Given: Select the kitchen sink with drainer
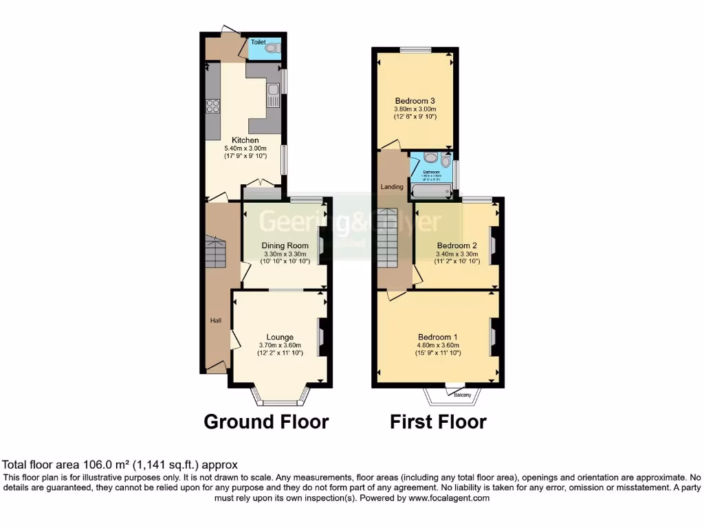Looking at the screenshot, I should (274, 96).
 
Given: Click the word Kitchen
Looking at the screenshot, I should (245, 140).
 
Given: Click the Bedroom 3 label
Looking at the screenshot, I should (415, 100).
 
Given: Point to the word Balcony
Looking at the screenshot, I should (462, 395).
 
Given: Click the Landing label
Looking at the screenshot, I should (392, 186).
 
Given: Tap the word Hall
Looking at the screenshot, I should (216, 320).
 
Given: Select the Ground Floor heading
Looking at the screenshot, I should (266, 421).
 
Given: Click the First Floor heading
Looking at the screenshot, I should (438, 421).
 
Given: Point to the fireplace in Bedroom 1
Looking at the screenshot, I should (493, 337).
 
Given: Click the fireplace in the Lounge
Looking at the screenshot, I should (322, 337).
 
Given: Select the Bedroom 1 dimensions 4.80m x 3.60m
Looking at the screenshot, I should (438, 345).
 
